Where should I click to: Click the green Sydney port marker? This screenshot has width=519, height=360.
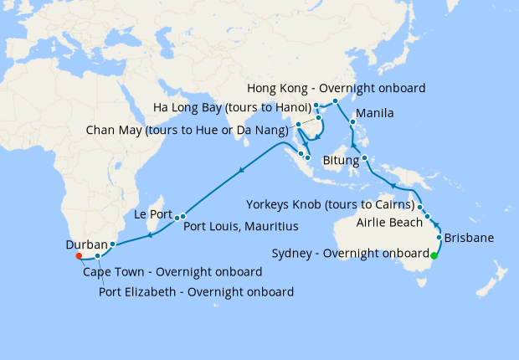click(x=434, y=255)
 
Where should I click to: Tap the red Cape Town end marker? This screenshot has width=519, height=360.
click(x=78, y=256)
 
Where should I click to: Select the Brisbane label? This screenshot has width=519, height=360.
click(x=469, y=238)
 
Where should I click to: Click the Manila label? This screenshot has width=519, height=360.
click(x=375, y=113)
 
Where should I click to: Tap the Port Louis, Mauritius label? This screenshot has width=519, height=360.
click(x=241, y=226)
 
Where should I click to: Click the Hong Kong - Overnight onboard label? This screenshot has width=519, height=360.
click(x=337, y=88)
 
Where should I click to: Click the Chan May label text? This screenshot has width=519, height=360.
click(x=188, y=130)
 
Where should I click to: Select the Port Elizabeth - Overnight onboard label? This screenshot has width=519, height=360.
click(x=196, y=292)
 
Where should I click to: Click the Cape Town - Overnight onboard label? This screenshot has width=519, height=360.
click(x=172, y=272)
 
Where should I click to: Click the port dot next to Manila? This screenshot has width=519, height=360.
click(x=352, y=121)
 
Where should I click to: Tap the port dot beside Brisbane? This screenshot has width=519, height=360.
click(x=439, y=238)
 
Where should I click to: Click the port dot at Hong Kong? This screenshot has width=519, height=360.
click(x=334, y=101)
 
